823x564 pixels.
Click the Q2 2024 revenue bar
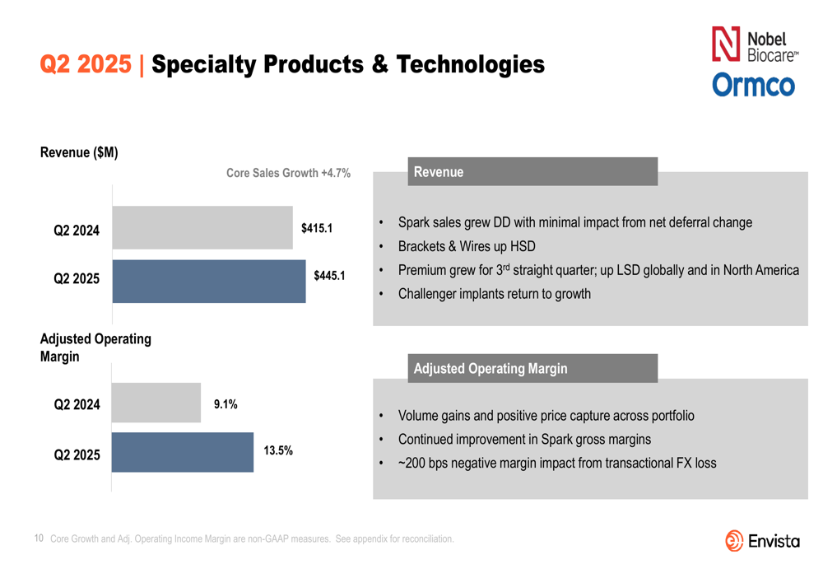click(x=202, y=228)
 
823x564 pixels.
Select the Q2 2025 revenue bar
click(x=209, y=282)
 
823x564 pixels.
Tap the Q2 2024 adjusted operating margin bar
click(x=156, y=403)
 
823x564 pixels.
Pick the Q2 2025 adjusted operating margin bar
click(x=183, y=452)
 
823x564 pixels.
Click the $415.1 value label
click(x=317, y=228)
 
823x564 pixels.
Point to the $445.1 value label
click(x=329, y=276)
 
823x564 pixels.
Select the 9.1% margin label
click(x=226, y=404)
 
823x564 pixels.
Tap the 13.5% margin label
click(x=278, y=450)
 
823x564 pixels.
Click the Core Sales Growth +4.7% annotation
click(x=288, y=173)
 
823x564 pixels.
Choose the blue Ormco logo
click(x=753, y=85)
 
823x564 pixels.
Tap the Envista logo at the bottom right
click(x=762, y=540)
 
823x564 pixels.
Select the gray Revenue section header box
click(x=532, y=172)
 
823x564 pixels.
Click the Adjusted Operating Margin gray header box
click(x=532, y=368)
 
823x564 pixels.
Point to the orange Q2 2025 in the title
click(x=86, y=64)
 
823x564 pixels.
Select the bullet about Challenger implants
click(x=494, y=294)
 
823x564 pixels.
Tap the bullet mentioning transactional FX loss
click(x=556, y=463)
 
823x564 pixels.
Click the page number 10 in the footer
click(x=39, y=538)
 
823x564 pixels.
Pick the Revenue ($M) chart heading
click(x=79, y=152)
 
